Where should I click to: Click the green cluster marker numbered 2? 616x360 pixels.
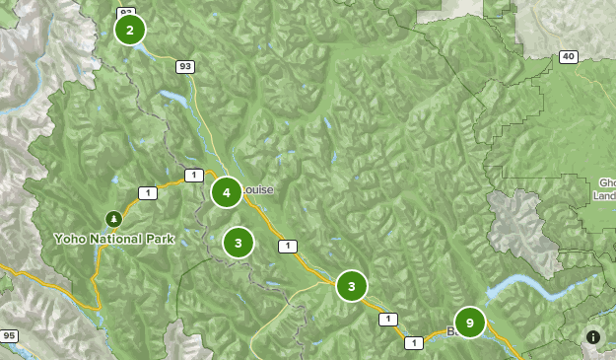[130, 30]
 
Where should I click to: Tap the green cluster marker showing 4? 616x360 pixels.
[227, 192]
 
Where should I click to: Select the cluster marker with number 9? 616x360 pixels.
[470, 323]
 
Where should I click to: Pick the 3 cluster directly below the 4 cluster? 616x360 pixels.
[239, 243]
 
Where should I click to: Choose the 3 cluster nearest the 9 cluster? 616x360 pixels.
[352, 286]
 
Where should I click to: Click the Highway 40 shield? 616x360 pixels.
[568, 56]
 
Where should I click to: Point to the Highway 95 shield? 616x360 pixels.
[9, 336]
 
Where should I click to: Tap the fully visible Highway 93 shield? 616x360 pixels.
[185, 67]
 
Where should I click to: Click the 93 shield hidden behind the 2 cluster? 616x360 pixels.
[125, 12]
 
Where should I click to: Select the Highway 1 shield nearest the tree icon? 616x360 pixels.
[147, 193]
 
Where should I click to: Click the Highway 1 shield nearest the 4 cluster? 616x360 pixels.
[194, 176]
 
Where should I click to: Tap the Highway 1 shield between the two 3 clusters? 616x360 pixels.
[287, 247]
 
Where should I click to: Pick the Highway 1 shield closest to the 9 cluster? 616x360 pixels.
[413, 342]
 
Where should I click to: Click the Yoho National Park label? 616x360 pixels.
[114, 239]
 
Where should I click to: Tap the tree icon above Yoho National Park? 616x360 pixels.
[114, 218]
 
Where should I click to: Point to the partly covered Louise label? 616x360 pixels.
[258, 189]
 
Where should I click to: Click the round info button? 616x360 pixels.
[593, 337]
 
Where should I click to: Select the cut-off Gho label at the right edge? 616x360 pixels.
[605, 188]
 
